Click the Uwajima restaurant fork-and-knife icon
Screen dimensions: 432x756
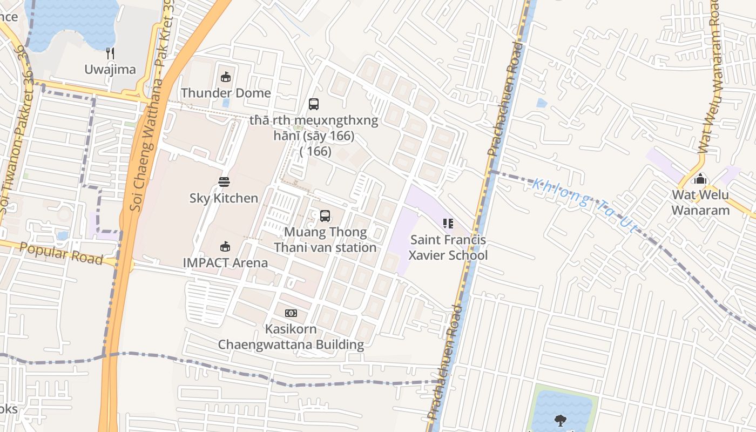click(x=110, y=53)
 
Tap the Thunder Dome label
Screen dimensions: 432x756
click(x=226, y=93)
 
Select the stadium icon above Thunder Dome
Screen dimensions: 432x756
click(x=226, y=77)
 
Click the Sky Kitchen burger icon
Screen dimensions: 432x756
click(x=224, y=182)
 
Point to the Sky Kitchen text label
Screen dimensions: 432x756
click(x=224, y=198)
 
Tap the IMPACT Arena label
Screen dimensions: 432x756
click(x=225, y=263)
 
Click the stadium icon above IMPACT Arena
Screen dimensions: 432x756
click(x=225, y=247)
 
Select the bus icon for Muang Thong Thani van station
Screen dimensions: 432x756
click(x=325, y=216)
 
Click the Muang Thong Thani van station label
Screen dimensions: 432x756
click(x=325, y=240)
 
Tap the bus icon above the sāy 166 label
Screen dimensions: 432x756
click(x=314, y=104)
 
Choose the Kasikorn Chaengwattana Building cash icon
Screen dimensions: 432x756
click(x=291, y=313)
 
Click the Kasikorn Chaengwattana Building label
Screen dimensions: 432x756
click(x=291, y=336)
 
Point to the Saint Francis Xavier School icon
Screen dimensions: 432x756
click(x=448, y=223)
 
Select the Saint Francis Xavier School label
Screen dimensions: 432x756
click(x=448, y=247)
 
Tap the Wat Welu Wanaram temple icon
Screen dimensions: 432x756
click(x=700, y=178)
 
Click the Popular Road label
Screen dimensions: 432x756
click(x=61, y=254)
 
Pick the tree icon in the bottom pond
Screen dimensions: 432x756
click(x=561, y=420)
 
